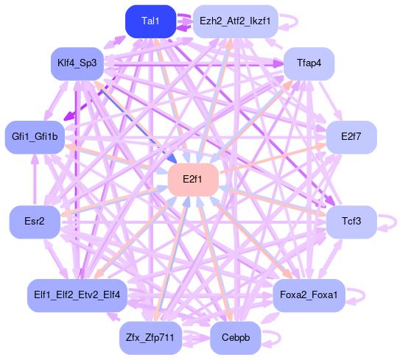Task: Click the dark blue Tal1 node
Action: [x=150, y=21]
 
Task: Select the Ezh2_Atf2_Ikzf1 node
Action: [x=235, y=21]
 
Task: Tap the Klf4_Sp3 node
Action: [x=77, y=63]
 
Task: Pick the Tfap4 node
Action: [x=309, y=63]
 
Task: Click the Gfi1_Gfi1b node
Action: [x=35, y=137]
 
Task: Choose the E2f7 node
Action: [x=351, y=137]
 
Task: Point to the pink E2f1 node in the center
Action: [x=193, y=180]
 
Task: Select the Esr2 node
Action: [x=35, y=222]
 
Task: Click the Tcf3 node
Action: [x=351, y=222]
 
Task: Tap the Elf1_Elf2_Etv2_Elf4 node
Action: [x=77, y=295]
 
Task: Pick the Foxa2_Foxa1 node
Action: [x=309, y=295]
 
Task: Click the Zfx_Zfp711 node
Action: [x=150, y=338]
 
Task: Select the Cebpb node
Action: [x=235, y=338]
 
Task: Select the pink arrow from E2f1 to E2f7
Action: [x=273, y=158]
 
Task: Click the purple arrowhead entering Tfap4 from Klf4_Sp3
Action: [x=278, y=64]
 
